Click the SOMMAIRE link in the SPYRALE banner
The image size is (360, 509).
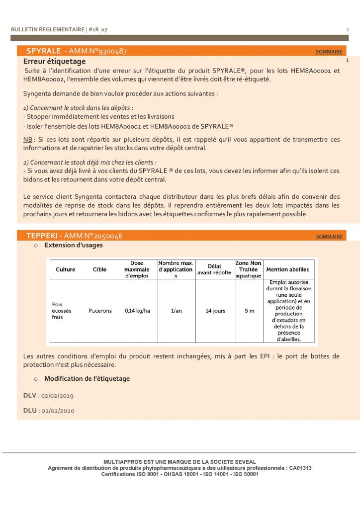(329, 52)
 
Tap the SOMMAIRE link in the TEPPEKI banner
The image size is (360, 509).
(329, 237)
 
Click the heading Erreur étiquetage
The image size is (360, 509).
(55, 61)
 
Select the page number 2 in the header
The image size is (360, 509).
(347, 30)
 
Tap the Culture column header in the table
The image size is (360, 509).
(66, 269)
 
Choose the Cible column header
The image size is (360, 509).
(99, 269)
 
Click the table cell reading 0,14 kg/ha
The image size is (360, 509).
(137, 311)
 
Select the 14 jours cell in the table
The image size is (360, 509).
(215, 311)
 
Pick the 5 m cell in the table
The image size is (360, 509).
(249, 311)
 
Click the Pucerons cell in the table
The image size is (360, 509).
(100, 311)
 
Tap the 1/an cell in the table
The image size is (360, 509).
(176, 311)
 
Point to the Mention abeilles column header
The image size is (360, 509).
(288, 269)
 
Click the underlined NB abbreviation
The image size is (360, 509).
(28, 140)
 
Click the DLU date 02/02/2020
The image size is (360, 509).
(58, 411)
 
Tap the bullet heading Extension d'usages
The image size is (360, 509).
(74, 245)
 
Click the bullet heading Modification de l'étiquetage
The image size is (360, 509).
(87, 378)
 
